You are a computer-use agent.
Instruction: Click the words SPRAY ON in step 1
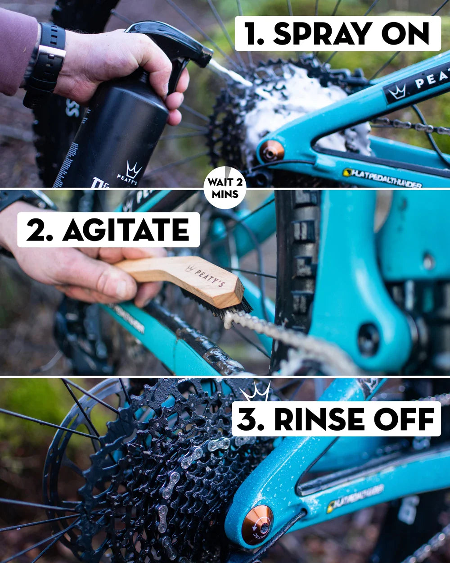pos(351,33)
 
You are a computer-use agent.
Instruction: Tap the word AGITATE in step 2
pos(126,230)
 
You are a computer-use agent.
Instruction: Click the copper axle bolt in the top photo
pos(272,150)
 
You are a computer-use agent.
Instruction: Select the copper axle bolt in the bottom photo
pos(257,525)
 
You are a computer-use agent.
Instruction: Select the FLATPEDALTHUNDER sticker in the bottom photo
pos(355,498)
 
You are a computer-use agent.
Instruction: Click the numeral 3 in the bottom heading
pos(247,420)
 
